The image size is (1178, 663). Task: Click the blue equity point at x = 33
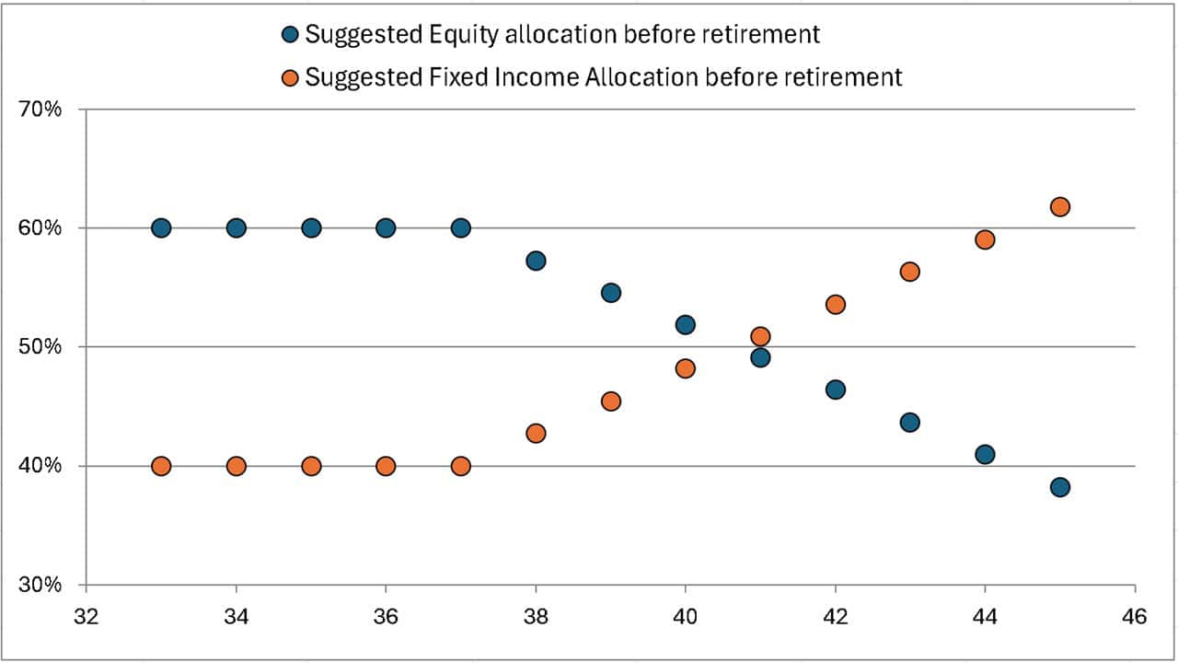point(161,227)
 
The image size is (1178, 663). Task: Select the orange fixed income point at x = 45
point(1059,206)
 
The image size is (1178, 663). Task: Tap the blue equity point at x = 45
point(1059,487)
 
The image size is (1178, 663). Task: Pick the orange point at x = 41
point(760,336)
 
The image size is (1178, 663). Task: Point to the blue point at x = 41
point(760,357)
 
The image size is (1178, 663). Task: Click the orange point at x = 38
point(536,433)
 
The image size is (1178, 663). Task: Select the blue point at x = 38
point(536,261)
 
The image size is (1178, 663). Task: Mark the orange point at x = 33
point(161,466)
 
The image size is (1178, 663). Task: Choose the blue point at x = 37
point(461,227)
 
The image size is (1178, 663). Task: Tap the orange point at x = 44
point(985,239)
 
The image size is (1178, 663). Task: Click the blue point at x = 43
point(910,422)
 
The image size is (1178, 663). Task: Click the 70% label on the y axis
point(40,110)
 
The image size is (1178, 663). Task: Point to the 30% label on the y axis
point(40,585)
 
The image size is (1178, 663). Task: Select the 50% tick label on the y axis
point(40,347)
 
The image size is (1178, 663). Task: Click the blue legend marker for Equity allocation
point(290,35)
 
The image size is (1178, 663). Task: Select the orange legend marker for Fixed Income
point(290,77)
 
